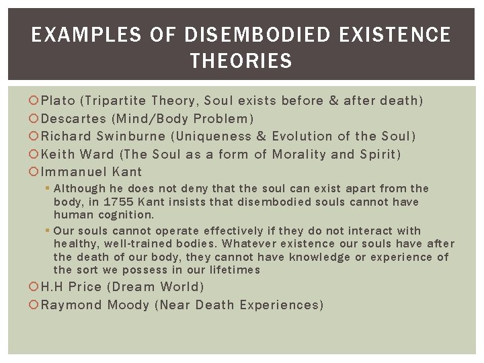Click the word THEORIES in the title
(241, 62)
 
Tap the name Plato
(59, 101)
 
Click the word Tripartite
(116, 101)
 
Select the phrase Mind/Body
(147, 119)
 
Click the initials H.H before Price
(54, 287)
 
